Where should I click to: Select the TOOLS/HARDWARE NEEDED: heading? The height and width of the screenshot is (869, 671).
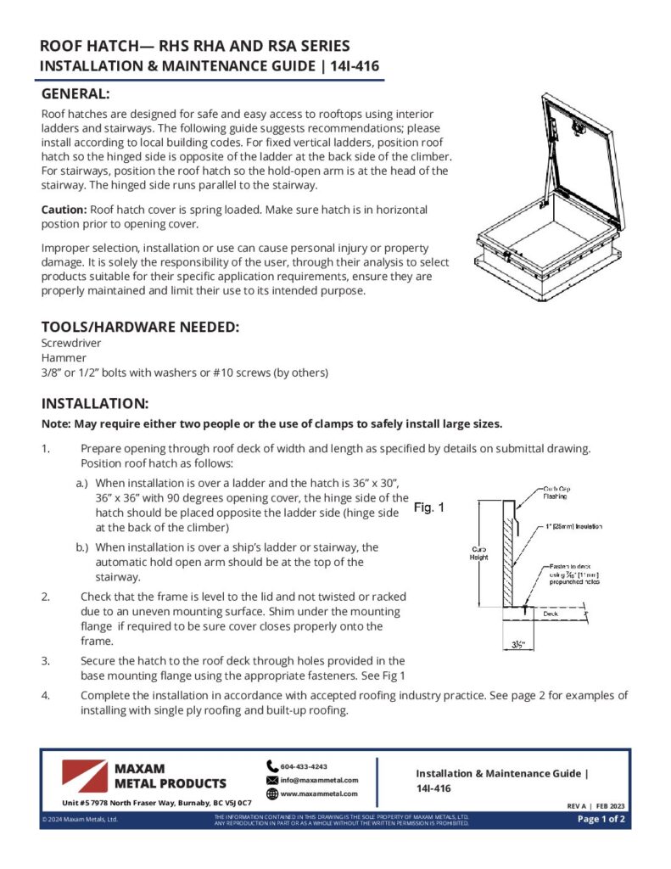pos(140,328)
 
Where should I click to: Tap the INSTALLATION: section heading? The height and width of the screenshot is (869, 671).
pos(95,403)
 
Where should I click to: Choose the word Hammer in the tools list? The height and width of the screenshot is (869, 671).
pos(63,359)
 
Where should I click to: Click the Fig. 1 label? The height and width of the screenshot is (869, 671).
pos(428,507)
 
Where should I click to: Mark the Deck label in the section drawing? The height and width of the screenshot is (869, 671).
pos(551,612)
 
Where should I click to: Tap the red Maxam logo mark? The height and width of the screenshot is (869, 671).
pos(84,776)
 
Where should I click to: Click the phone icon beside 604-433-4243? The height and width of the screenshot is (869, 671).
pos(272,765)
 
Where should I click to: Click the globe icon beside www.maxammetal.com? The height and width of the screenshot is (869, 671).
pos(272,794)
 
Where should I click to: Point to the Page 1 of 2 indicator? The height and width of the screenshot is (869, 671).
pos(601,819)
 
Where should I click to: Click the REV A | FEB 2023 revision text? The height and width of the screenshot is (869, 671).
pos(596,805)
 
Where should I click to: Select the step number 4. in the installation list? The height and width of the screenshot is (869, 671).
pos(45,695)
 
